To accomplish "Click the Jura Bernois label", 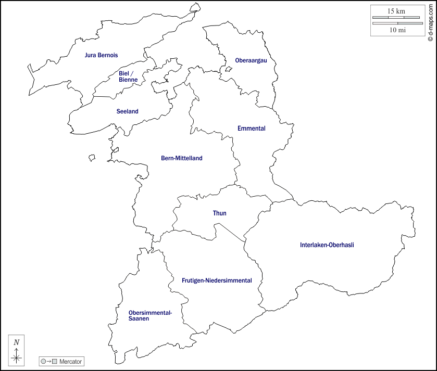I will [101, 55].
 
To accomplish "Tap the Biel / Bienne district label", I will [128, 76].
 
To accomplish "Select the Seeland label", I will [127, 111].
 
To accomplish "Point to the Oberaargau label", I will [251, 60].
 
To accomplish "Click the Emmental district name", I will [251, 129].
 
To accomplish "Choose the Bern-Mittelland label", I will [181, 158].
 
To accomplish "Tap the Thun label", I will [219, 213].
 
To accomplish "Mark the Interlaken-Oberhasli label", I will [327, 245].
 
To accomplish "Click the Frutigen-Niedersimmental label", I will [217, 280].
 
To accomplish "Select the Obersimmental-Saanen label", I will [150, 315].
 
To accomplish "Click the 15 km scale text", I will [396, 11].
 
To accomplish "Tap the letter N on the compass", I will [17, 342].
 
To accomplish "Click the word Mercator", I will [70, 361].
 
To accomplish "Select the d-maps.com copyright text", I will [430, 21].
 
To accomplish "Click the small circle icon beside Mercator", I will [43, 361].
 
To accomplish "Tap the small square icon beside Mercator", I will [54, 361].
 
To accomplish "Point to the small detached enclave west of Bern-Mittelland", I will [92, 157].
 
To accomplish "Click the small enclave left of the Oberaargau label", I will [228, 69].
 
